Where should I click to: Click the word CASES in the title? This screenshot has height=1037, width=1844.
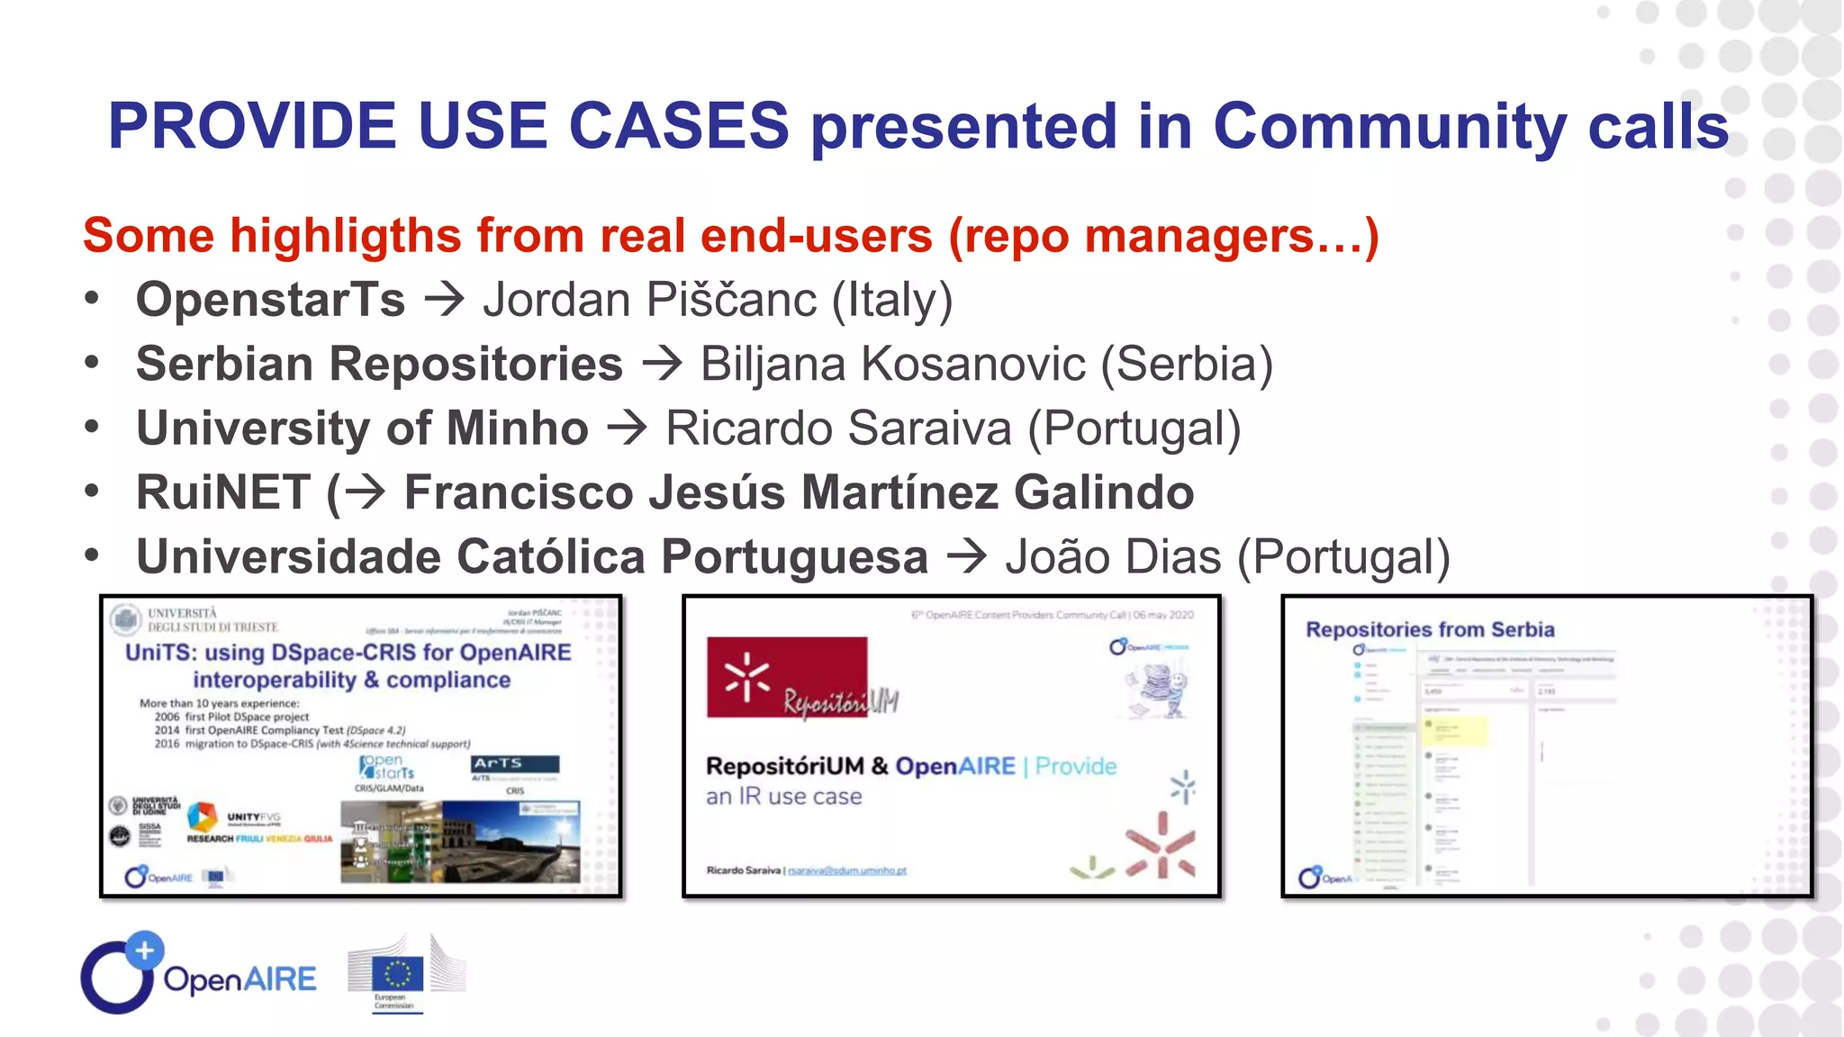pyautogui.click(x=679, y=125)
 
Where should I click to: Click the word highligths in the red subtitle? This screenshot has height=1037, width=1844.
pyautogui.click(x=346, y=236)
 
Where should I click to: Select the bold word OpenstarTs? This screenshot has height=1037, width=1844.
pyautogui.click(x=270, y=300)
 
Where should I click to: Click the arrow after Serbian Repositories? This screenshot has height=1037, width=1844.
pyautogui.click(x=662, y=364)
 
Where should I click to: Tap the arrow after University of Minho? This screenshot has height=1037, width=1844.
pyautogui.click(x=627, y=428)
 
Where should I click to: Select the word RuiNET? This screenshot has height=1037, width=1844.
pyautogui.click(x=223, y=492)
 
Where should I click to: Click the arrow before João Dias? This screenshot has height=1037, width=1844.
pyautogui.click(x=967, y=556)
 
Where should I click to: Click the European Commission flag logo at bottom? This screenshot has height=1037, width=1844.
pyautogui.click(x=396, y=974)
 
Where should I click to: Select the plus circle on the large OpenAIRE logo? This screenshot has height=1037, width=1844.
pyautogui.click(x=144, y=950)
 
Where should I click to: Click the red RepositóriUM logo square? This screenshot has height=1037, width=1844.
pyautogui.click(x=786, y=677)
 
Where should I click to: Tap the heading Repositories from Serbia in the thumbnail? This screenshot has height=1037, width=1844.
pyautogui.click(x=1430, y=629)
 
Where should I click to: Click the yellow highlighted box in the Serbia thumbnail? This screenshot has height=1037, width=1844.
pyautogui.click(x=1455, y=730)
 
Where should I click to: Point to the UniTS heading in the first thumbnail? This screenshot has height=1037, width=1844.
pyautogui.click(x=348, y=665)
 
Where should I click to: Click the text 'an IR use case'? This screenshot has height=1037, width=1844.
pyautogui.click(x=783, y=797)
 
